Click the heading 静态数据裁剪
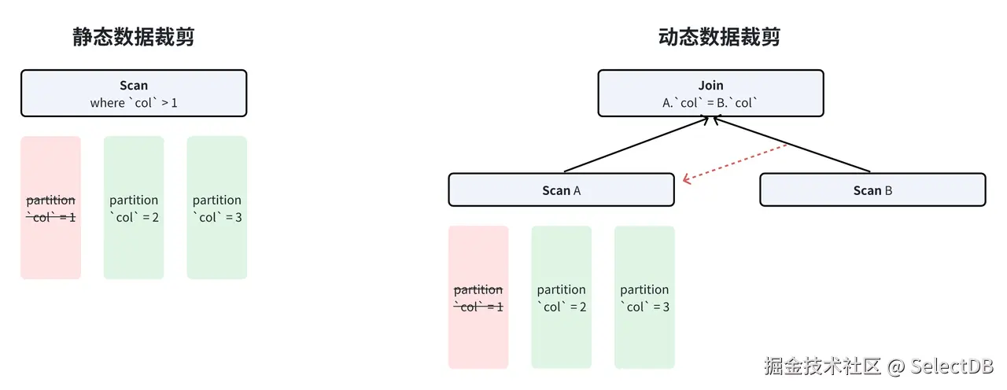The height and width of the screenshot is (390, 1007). [134, 38]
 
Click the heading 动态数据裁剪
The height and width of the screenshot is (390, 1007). [719, 38]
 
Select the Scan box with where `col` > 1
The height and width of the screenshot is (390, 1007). [134, 94]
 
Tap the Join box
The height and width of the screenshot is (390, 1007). [710, 94]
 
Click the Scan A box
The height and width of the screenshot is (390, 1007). [561, 190]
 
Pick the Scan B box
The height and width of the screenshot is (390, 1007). [872, 190]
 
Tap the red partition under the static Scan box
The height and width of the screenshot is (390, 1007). [50, 208]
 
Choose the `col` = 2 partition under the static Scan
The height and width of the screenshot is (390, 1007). [134, 208]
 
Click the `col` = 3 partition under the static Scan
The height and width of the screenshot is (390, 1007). [217, 208]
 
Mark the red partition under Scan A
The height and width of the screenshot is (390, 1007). [478, 297]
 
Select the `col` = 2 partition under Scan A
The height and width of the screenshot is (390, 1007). [561, 297]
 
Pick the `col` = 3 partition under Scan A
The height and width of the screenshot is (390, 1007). [644, 297]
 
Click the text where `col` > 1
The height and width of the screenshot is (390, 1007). [134, 103]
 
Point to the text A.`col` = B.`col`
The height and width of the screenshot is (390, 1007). [710, 103]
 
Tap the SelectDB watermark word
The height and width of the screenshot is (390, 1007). [952, 366]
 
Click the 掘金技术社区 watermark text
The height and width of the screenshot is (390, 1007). [823, 366]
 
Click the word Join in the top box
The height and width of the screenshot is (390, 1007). [710, 86]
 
